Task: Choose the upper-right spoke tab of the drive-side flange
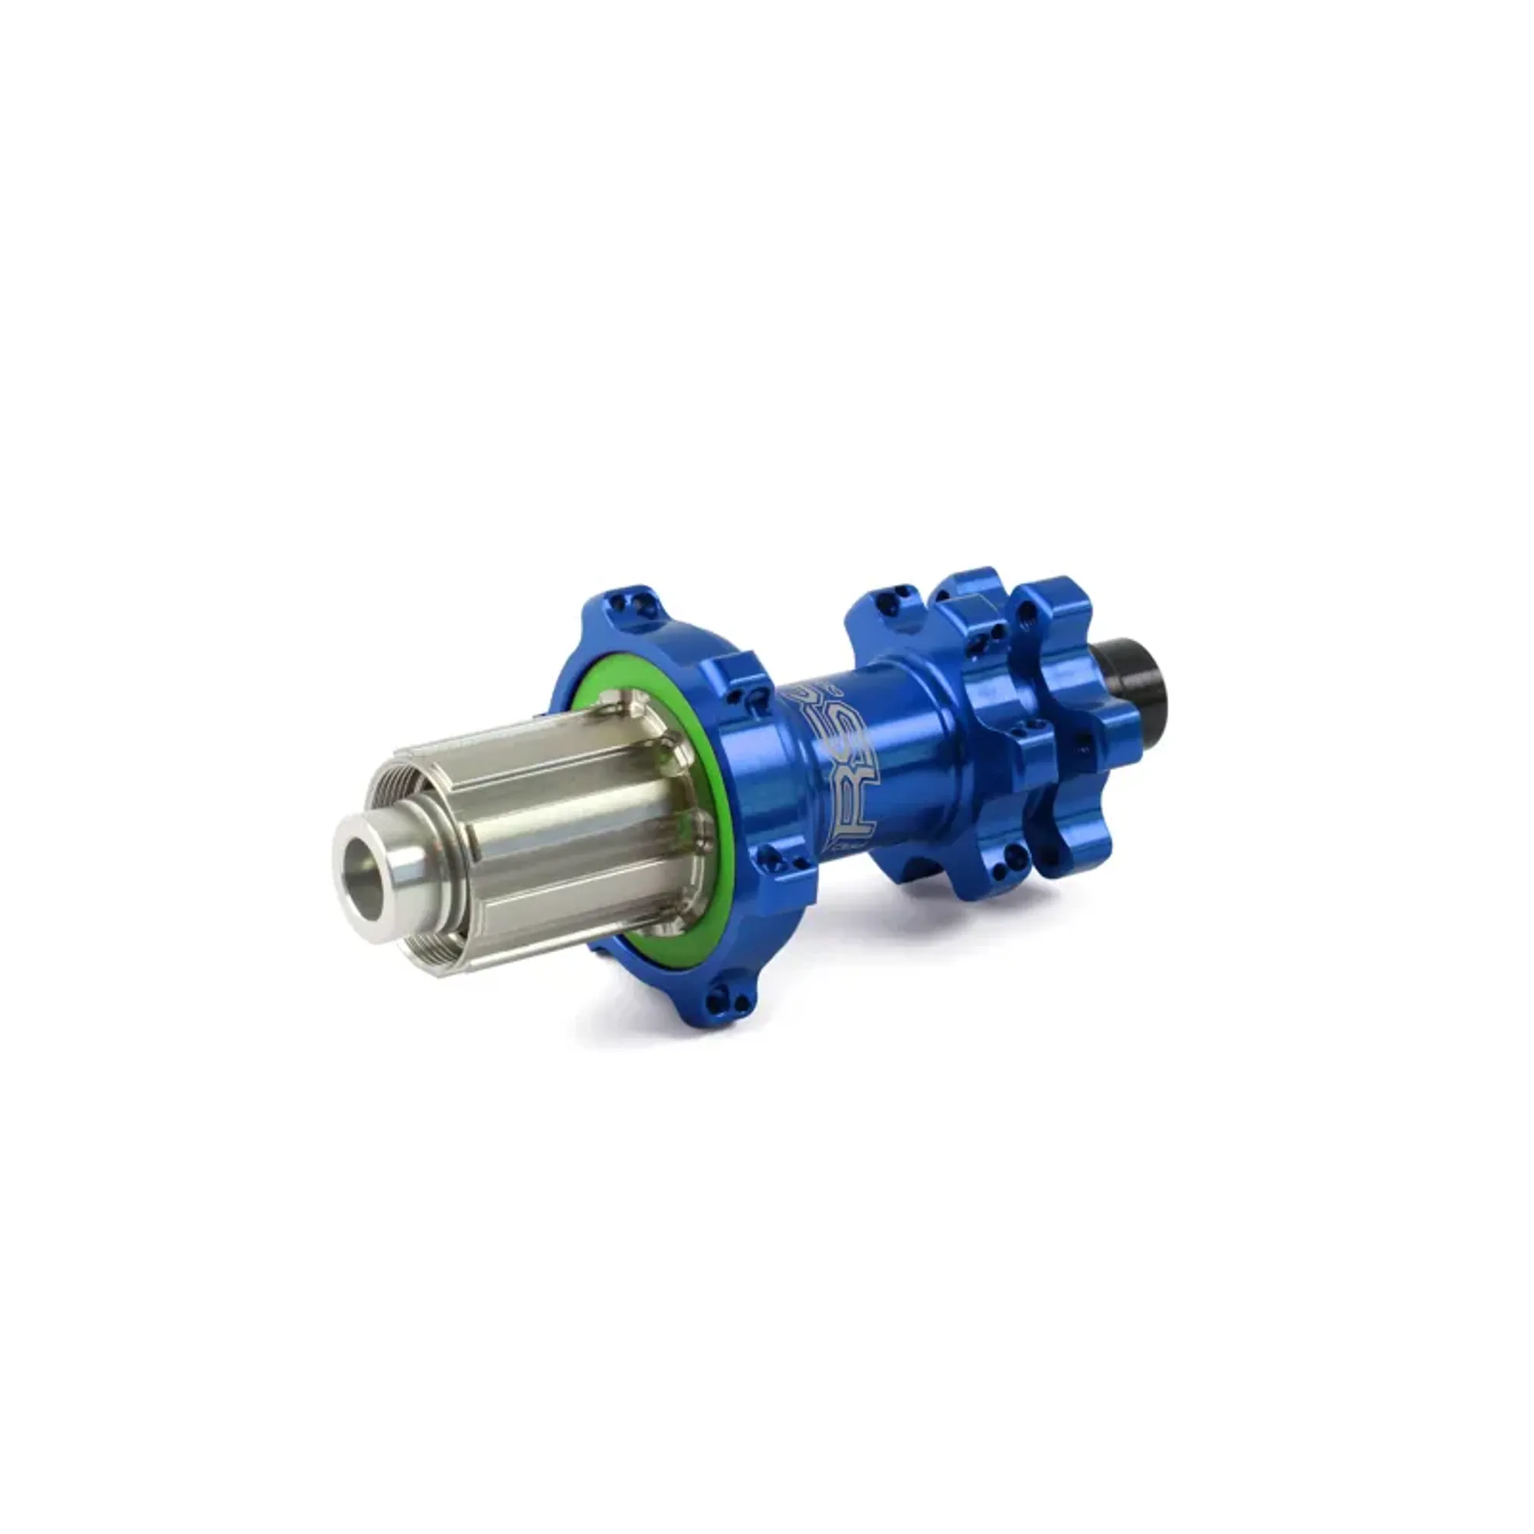click(743, 679)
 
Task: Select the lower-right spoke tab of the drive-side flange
click(786, 865)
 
